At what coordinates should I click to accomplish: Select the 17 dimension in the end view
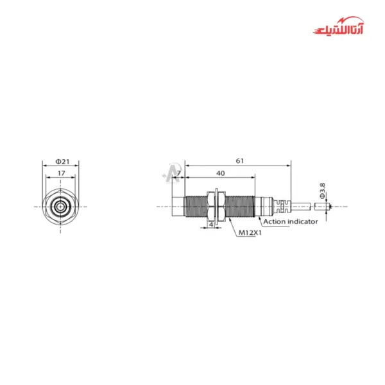60,173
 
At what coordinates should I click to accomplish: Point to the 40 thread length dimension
220,173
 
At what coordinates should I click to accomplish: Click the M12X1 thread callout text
250,233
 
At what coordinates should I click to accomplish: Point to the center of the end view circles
60,207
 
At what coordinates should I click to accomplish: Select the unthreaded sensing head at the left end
178,206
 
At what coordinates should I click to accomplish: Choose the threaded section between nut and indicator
239,206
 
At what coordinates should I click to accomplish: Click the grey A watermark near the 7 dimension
171,172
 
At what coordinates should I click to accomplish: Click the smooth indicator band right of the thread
261,206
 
